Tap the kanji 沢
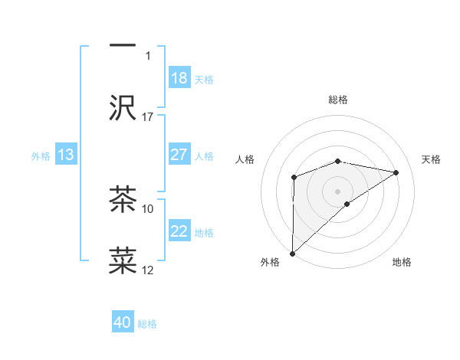click(x=123, y=108)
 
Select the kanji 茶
click(x=123, y=199)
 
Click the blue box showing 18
click(x=179, y=77)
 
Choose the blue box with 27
click(x=179, y=154)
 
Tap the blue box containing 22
click(x=179, y=231)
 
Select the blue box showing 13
click(x=66, y=155)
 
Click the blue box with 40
click(x=123, y=322)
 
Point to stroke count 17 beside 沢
click(x=148, y=116)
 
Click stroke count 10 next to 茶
click(x=148, y=208)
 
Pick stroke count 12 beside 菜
click(x=148, y=270)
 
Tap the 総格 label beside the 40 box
click(x=147, y=324)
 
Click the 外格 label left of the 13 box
click(x=41, y=156)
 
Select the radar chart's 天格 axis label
click(x=431, y=159)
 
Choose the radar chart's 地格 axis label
click(x=402, y=262)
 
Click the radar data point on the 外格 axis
click(x=292, y=253)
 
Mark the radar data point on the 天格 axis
click(x=396, y=172)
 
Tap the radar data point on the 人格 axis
click(x=294, y=178)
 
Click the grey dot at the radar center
click(x=337, y=191)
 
